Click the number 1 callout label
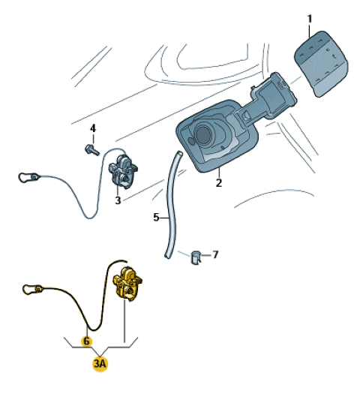[x=310, y=19]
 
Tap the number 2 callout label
[x=219, y=183]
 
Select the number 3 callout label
[x=118, y=200]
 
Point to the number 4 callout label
[x=93, y=128]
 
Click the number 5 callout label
[x=156, y=218]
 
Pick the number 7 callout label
[x=215, y=255]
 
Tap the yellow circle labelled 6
[x=86, y=341]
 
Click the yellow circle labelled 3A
[x=100, y=363]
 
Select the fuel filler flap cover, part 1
[x=321, y=63]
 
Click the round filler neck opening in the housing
[x=203, y=134]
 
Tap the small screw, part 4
[x=92, y=149]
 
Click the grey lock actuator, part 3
[x=123, y=171]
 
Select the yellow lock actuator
[x=127, y=284]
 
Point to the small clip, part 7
[x=196, y=257]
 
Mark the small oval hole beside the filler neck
[x=191, y=141]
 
